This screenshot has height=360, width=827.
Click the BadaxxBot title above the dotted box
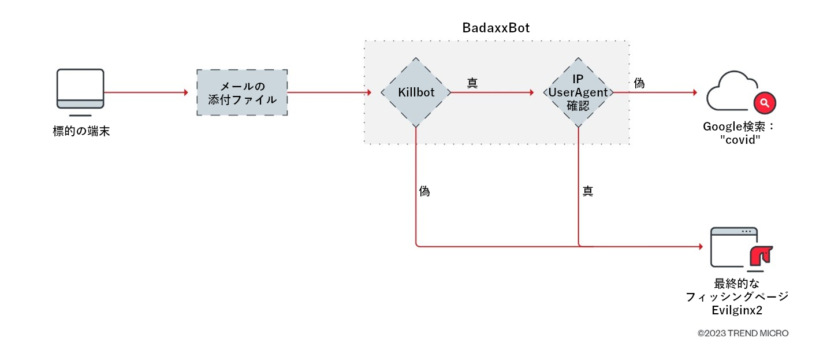tap(496, 28)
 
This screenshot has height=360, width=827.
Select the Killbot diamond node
tap(416, 92)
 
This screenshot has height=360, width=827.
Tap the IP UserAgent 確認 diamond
tap(578, 92)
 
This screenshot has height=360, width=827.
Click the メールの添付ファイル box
tap(242, 93)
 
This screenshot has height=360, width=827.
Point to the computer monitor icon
tap(80, 89)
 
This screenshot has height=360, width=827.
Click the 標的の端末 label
tap(81, 132)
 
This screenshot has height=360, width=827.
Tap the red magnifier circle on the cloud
tap(765, 103)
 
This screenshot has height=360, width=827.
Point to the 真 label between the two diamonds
tap(472, 83)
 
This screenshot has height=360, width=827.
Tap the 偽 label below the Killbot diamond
tap(424, 191)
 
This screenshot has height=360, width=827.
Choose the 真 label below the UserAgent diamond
tap(587, 191)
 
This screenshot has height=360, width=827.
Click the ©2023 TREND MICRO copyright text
tap(743, 333)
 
